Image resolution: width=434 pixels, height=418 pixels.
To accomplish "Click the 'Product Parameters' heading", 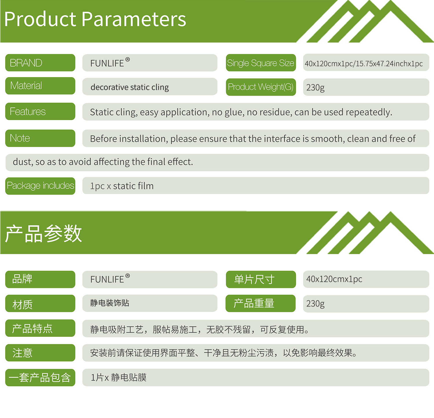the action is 95,19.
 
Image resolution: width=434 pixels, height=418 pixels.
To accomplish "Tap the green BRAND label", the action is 40,63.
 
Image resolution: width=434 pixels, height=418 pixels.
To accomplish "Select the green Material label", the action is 40,86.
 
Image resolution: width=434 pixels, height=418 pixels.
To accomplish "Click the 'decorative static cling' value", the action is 130,87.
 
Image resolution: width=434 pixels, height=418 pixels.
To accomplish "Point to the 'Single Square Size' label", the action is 261,63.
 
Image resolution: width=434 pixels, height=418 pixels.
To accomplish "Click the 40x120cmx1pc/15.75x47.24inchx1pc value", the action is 364,64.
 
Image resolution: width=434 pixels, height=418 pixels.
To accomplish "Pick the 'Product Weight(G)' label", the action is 261,87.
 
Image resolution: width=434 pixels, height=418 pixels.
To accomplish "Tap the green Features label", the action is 40,111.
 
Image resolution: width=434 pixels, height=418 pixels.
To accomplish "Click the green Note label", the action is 40,138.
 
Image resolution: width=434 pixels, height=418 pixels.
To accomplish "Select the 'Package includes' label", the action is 40,186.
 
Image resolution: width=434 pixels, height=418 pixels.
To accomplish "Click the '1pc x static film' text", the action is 122,186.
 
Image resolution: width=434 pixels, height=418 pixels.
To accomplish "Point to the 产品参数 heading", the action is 43,233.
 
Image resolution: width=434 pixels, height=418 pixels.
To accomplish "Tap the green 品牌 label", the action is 40,279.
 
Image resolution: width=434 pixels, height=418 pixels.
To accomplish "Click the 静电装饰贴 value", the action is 110,303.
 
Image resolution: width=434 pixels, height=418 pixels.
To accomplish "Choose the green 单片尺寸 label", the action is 261,279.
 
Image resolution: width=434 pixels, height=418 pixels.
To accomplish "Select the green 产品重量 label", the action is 260,303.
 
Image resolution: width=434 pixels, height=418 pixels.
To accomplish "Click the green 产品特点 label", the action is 40,328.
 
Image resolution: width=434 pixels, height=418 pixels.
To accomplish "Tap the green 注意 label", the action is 40,353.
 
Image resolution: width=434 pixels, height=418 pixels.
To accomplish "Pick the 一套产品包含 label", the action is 40,378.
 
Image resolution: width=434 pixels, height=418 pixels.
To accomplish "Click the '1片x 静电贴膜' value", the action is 119,378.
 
